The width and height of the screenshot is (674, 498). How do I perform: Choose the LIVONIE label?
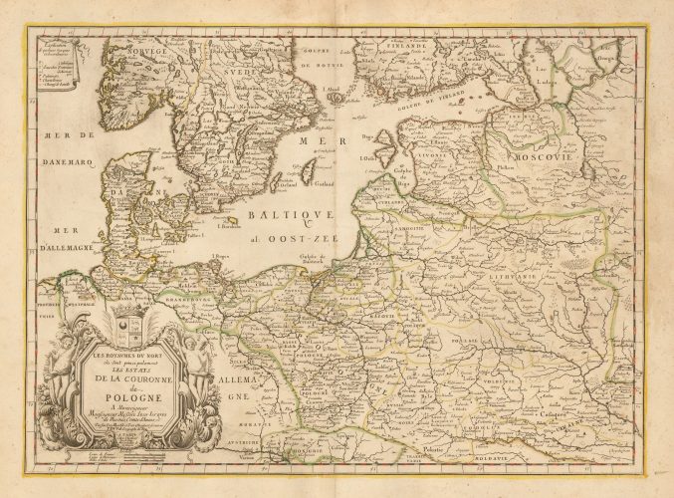(432, 155)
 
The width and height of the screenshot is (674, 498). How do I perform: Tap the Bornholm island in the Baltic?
(230, 221)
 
